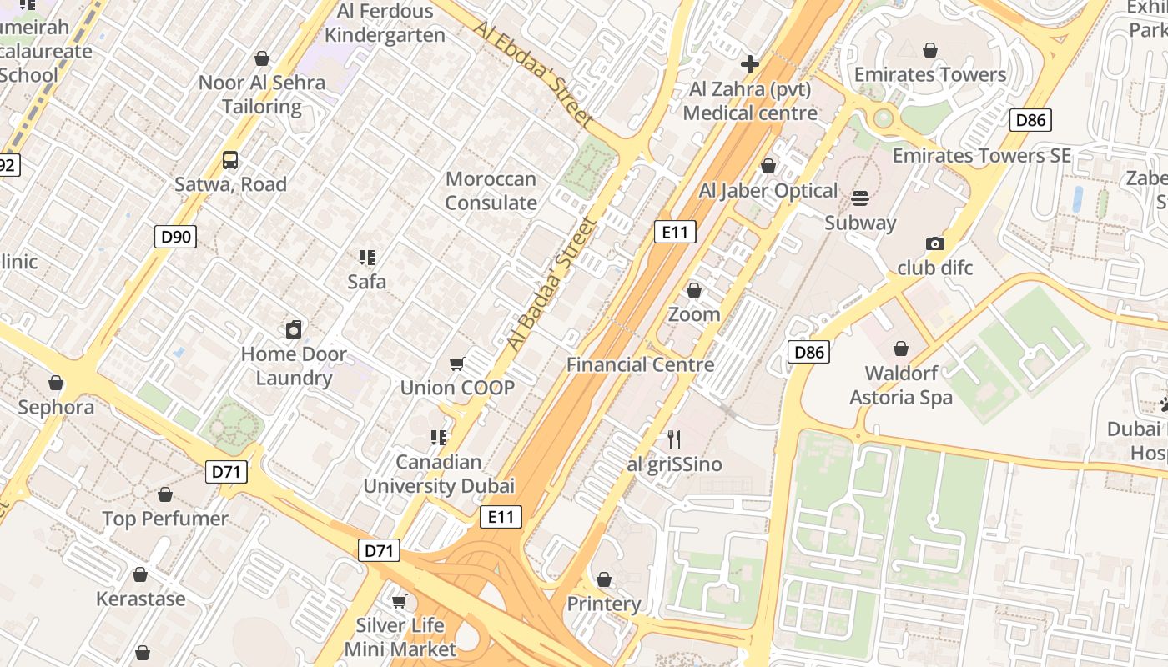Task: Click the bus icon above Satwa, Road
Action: (x=230, y=159)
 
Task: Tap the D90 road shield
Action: (x=175, y=237)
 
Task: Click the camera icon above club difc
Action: (x=935, y=243)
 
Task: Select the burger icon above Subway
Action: (x=860, y=198)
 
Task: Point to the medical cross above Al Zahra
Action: (x=750, y=64)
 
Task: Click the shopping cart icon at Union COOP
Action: (x=456, y=364)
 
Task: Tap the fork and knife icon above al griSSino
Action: (x=674, y=439)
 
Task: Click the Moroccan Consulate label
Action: (x=491, y=191)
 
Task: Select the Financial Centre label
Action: (x=640, y=364)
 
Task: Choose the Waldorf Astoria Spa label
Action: (x=901, y=385)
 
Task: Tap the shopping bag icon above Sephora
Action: (x=56, y=383)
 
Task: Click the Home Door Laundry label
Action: (x=294, y=366)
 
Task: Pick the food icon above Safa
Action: (x=367, y=258)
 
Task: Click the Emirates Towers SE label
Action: (x=981, y=155)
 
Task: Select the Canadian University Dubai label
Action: (x=439, y=474)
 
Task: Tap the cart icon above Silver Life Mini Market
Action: (x=400, y=601)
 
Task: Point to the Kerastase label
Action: (x=140, y=599)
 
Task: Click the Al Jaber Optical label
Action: (x=768, y=191)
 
